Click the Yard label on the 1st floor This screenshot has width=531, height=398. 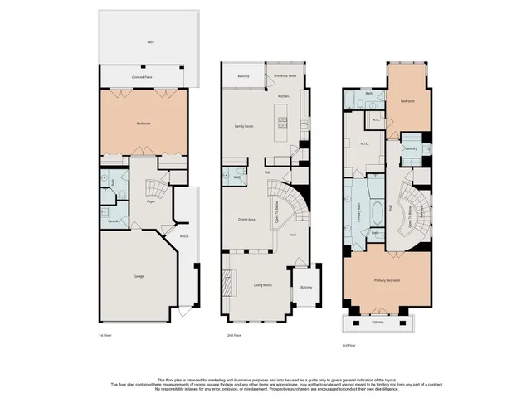tap(150, 41)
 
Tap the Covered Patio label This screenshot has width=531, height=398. tap(142, 77)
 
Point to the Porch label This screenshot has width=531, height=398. tap(183, 235)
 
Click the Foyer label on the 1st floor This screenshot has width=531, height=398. tap(152, 201)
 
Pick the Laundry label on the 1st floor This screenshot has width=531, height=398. tap(114, 221)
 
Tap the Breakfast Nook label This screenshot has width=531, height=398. tap(285, 75)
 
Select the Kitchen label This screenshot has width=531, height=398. tap(283, 96)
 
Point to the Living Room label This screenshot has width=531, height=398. tap(263, 285)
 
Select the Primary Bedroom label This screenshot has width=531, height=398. tap(387, 281)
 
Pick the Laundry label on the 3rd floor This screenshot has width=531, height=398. tap(410, 149)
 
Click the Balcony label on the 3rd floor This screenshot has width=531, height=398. tap(378, 322)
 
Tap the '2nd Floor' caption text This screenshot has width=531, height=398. tap(234, 336)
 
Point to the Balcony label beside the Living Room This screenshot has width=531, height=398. tap(306, 287)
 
